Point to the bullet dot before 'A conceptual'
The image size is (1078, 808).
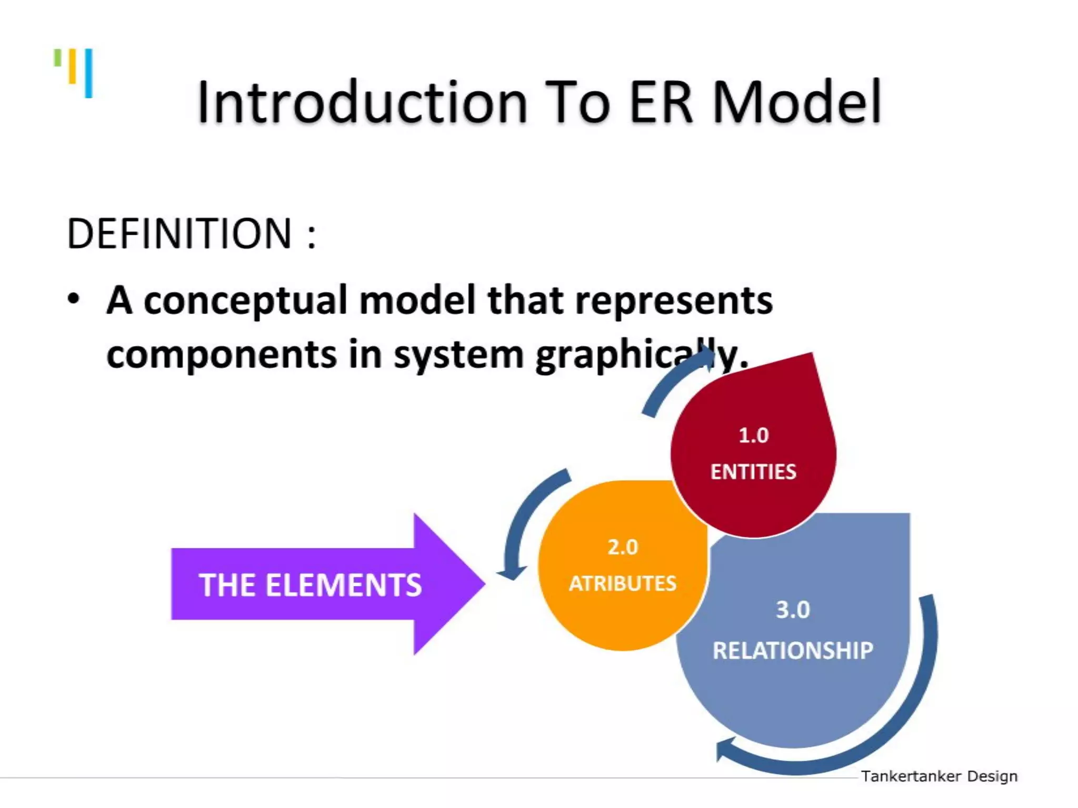click(x=74, y=299)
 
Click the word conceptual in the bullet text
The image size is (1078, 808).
click(x=246, y=301)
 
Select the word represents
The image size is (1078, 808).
click(x=674, y=301)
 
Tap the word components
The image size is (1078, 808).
click(x=222, y=355)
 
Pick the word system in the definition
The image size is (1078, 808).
click(x=458, y=356)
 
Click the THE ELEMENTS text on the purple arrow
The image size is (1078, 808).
click(x=310, y=585)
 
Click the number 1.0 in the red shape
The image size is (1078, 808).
click(x=753, y=436)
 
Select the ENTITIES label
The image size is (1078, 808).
click(x=753, y=472)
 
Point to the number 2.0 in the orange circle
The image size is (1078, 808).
click(x=623, y=548)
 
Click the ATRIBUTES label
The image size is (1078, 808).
click(x=623, y=583)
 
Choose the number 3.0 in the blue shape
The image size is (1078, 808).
click(x=793, y=610)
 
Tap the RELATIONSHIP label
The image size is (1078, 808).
click(x=793, y=651)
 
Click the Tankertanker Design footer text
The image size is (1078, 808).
click(x=939, y=776)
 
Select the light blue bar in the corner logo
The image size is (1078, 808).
click(x=89, y=73)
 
